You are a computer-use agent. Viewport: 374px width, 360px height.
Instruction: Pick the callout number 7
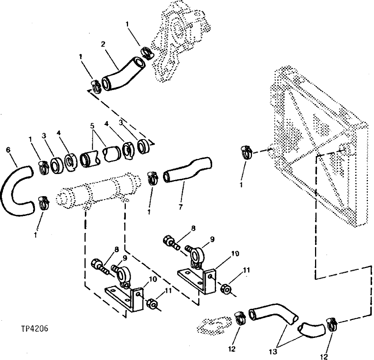pyautogui.click(x=181, y=207)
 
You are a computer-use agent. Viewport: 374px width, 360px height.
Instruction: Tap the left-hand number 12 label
pyautogui.click(x=232, y=349)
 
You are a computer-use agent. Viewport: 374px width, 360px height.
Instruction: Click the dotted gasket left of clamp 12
pyautogui.click(x=213, y=325)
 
